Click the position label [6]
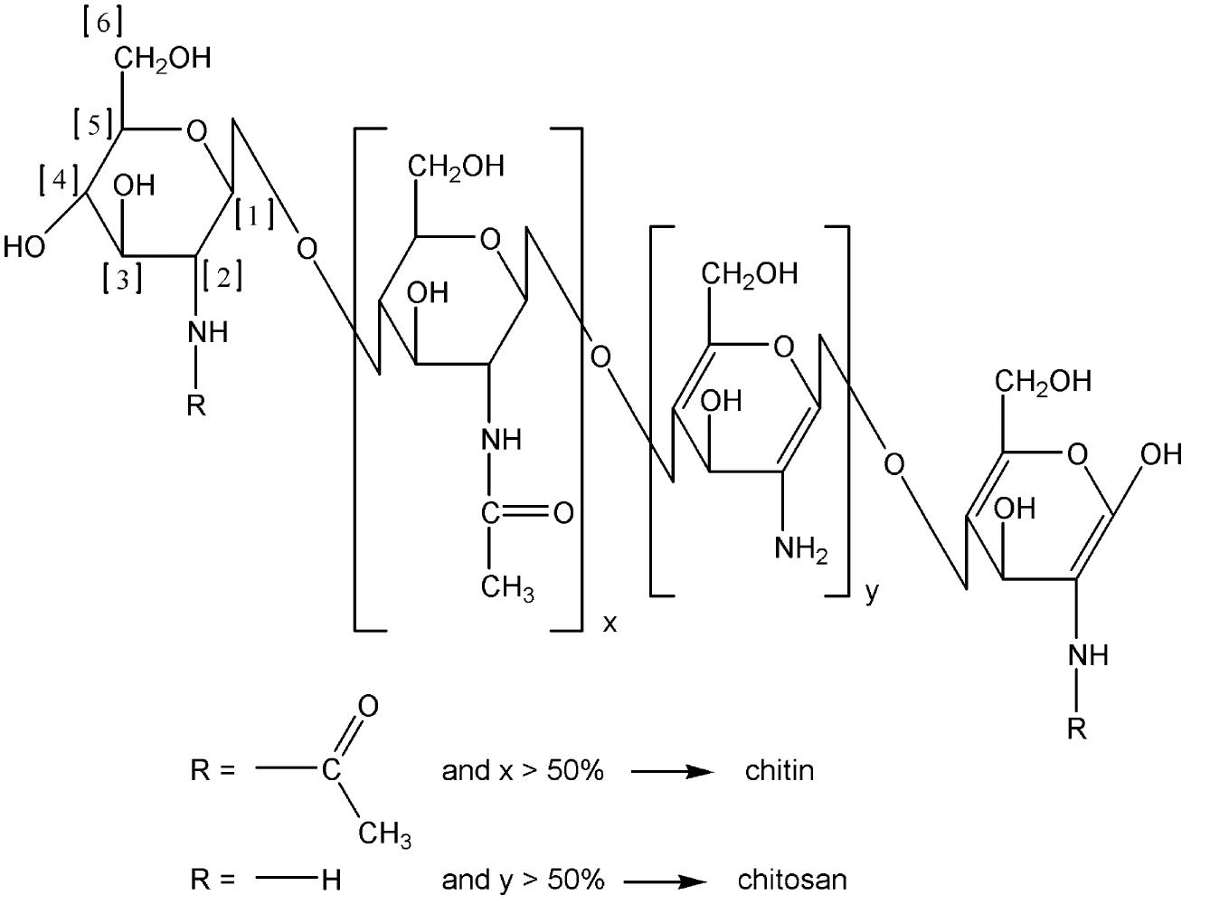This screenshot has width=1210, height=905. tap(102, 24)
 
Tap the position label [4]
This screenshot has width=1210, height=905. tap(59, 180)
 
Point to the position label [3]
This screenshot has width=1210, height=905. tap(122, 280)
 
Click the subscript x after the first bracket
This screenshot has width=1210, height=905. tap(610, 624)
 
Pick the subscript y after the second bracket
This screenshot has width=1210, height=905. tap(871, 593)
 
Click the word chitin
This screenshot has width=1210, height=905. tap(779, 771)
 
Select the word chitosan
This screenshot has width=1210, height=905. tap(793, 880)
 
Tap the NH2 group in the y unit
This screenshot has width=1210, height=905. tap(800, 549)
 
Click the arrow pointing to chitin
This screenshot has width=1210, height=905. tap(671, 772)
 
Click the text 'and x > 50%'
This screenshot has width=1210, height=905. tap(522, 771)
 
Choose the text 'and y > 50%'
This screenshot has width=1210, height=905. tap(522, 880)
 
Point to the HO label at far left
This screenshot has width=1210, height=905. tap(24, 246)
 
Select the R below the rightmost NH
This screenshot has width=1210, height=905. tap(1076, 729)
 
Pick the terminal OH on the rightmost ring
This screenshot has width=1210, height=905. tap(1160, 454)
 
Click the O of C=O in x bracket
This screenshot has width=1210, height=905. tap(562, 513)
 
